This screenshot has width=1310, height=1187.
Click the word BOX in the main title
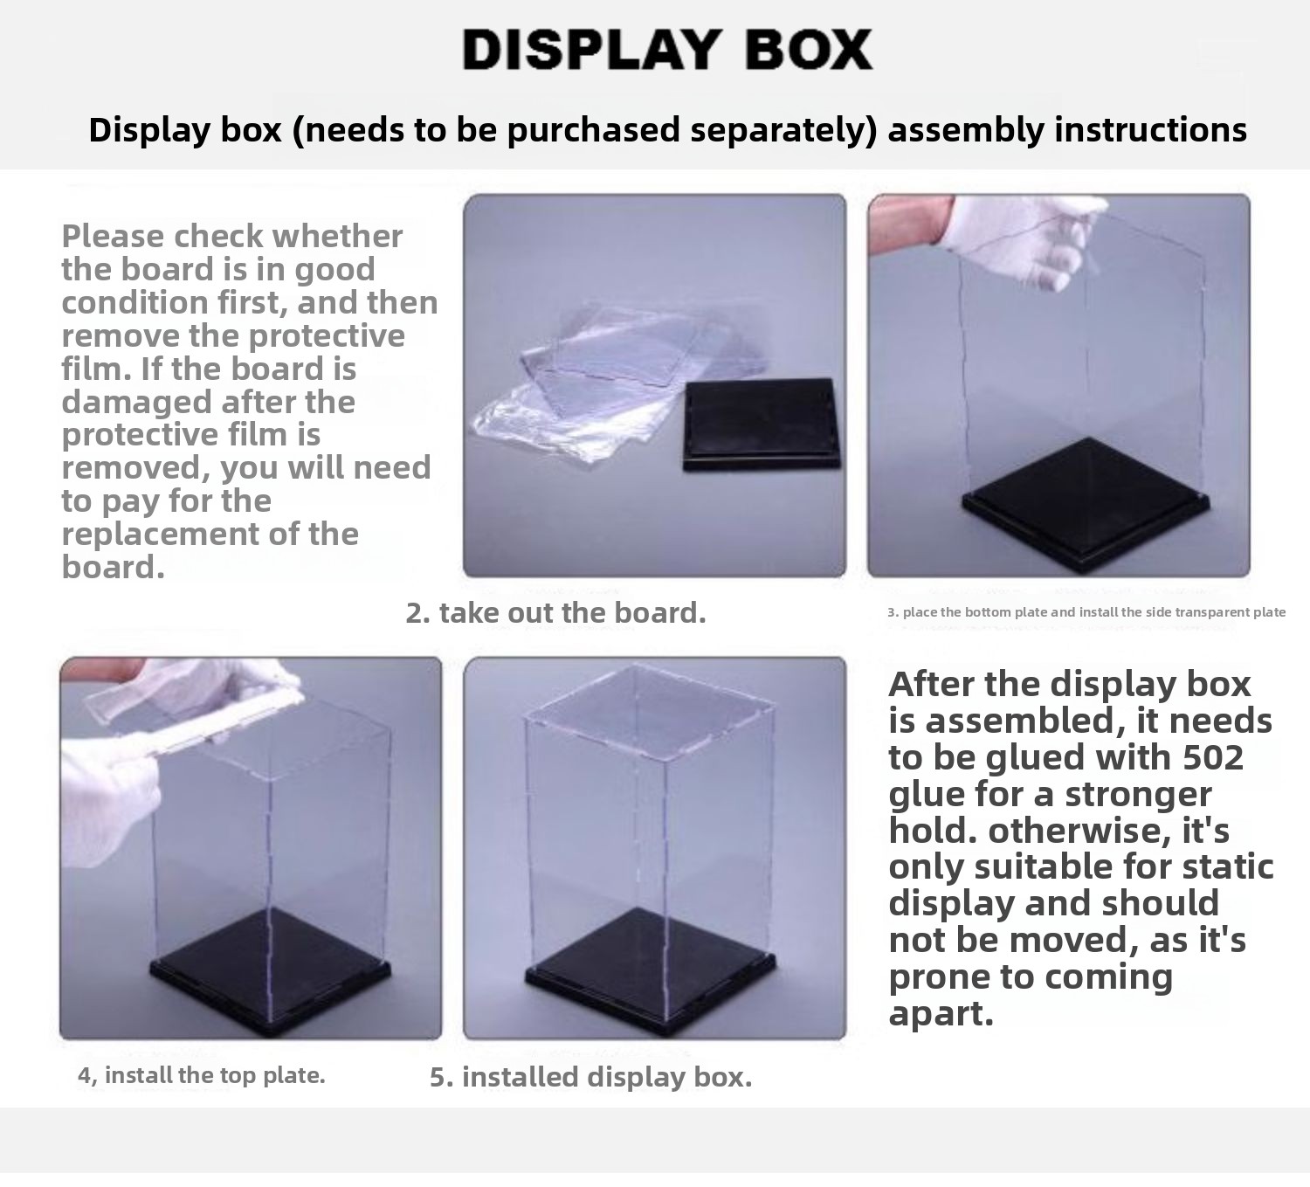click(809, 50)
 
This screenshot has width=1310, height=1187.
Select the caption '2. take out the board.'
click(555, 613)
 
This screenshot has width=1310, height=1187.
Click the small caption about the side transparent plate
click(1086, 612)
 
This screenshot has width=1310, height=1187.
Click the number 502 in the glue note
click(1213, 757)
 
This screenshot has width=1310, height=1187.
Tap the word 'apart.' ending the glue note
click(941, 1013)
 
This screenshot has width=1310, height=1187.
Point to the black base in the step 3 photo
click(1085, 504)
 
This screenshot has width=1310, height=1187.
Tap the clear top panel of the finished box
click(650, 714)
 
